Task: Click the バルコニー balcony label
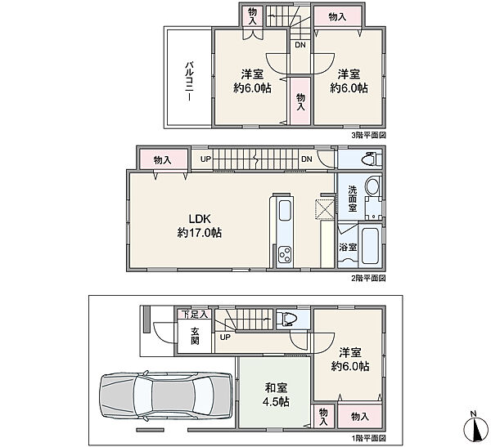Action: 189,81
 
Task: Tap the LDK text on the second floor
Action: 200,219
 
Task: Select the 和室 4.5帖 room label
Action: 276,395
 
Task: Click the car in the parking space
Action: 166,396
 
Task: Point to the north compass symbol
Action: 475,427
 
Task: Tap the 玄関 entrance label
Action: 195,336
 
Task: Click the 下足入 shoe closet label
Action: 195,315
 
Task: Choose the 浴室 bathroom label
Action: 348,247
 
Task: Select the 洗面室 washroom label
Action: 352,199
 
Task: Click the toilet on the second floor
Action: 372,159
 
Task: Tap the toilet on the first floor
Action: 288,319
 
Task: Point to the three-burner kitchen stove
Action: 285,255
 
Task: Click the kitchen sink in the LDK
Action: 285,211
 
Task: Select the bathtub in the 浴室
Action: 371,246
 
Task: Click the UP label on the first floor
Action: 225,337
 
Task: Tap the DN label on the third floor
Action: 300,45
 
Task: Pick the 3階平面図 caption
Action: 368,135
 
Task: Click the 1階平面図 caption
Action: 368,438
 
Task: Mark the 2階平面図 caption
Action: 368,278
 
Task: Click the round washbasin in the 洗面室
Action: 372,186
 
